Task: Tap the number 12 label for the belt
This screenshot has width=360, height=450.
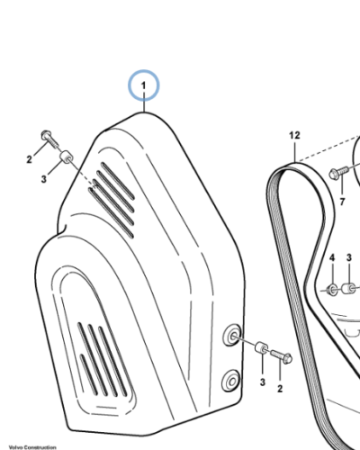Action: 293,136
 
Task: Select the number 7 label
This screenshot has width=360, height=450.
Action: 342,201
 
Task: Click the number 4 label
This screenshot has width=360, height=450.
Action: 331,259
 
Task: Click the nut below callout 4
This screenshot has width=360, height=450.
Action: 332,289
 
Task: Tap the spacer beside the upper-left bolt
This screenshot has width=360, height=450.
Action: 66,160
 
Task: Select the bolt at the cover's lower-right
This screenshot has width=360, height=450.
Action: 282,358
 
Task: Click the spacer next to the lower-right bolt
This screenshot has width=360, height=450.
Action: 261,349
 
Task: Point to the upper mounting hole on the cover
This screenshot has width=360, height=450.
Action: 232,335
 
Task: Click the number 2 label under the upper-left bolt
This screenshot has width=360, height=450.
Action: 29,160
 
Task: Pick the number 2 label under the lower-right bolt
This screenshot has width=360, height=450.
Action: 280,388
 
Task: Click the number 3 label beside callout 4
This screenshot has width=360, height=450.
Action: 349,259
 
